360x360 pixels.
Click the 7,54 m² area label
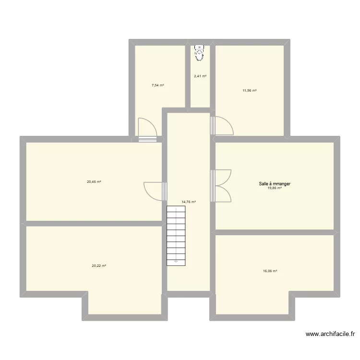158,85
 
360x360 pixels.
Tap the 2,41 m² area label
200,76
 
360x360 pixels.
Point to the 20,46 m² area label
94,181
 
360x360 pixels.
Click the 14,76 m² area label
189,202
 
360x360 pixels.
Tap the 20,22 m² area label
99,265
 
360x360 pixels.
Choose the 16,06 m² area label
270,271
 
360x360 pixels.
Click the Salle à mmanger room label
275,183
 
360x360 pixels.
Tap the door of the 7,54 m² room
147,130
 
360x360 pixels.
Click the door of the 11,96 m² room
222,125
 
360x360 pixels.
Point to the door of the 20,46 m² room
155,191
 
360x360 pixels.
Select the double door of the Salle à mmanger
222,186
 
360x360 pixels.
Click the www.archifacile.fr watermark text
331,335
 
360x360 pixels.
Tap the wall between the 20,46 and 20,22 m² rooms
94,223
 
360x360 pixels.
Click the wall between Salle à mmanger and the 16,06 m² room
275,232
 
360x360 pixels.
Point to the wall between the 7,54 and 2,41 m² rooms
188,74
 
